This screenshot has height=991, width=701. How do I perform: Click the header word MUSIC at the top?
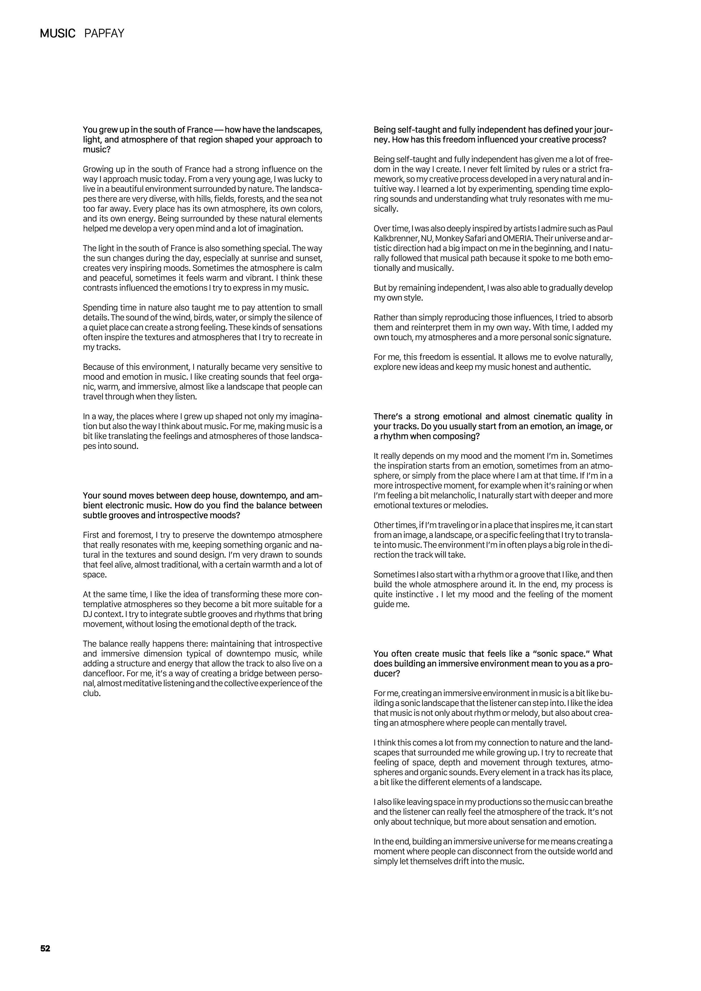pos(57,33)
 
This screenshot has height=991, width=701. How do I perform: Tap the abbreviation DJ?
pos(88,614)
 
